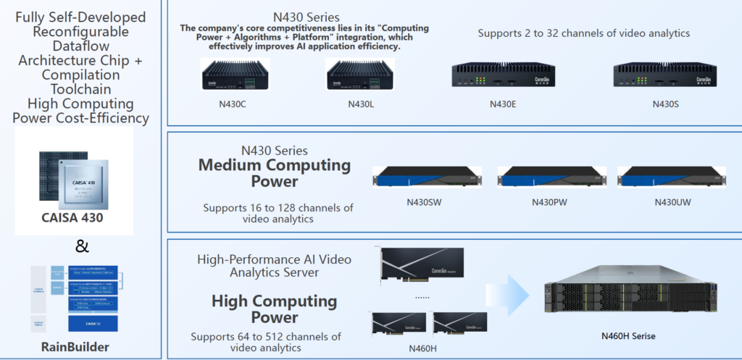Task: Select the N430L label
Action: (x=359, y=103)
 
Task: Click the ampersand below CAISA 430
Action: (x=82, y=246)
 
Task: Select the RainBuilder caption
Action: (x=75, y=347)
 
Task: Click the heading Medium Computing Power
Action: (x=274, y=172)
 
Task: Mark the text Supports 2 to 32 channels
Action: (x=583, y=33)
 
